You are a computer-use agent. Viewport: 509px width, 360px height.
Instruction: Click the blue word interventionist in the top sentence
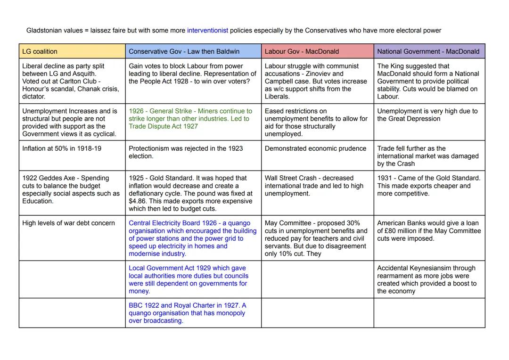point(207,31)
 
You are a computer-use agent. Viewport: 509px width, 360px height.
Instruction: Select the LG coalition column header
point(72,51)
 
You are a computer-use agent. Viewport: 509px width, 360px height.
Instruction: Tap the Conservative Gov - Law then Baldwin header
point(193,51)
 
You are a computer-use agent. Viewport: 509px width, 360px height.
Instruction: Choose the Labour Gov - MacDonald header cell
point(318,51)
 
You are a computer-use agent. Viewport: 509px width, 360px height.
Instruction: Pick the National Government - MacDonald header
point(429,51)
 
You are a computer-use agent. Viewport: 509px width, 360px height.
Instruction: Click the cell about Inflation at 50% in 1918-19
point(72,155)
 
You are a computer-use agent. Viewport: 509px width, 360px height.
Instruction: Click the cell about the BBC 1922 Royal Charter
point(193,313)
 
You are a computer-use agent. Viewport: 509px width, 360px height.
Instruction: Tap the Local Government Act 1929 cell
point(193,279)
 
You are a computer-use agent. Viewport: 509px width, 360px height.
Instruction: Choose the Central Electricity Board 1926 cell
point(193,238)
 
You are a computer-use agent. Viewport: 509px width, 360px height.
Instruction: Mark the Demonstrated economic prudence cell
point(318,155)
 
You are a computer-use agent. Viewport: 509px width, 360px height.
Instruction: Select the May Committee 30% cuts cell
point(318,238)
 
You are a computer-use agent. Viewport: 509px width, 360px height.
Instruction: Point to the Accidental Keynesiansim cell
point(429,279)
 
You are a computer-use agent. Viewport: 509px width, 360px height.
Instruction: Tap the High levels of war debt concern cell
point(72,238)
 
